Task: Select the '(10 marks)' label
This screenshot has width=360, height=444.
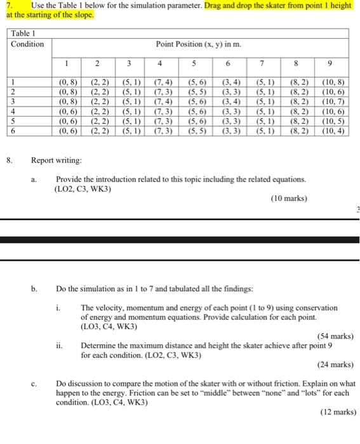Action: click(289, 199)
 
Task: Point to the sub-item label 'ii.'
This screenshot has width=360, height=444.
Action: click(60, 346)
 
